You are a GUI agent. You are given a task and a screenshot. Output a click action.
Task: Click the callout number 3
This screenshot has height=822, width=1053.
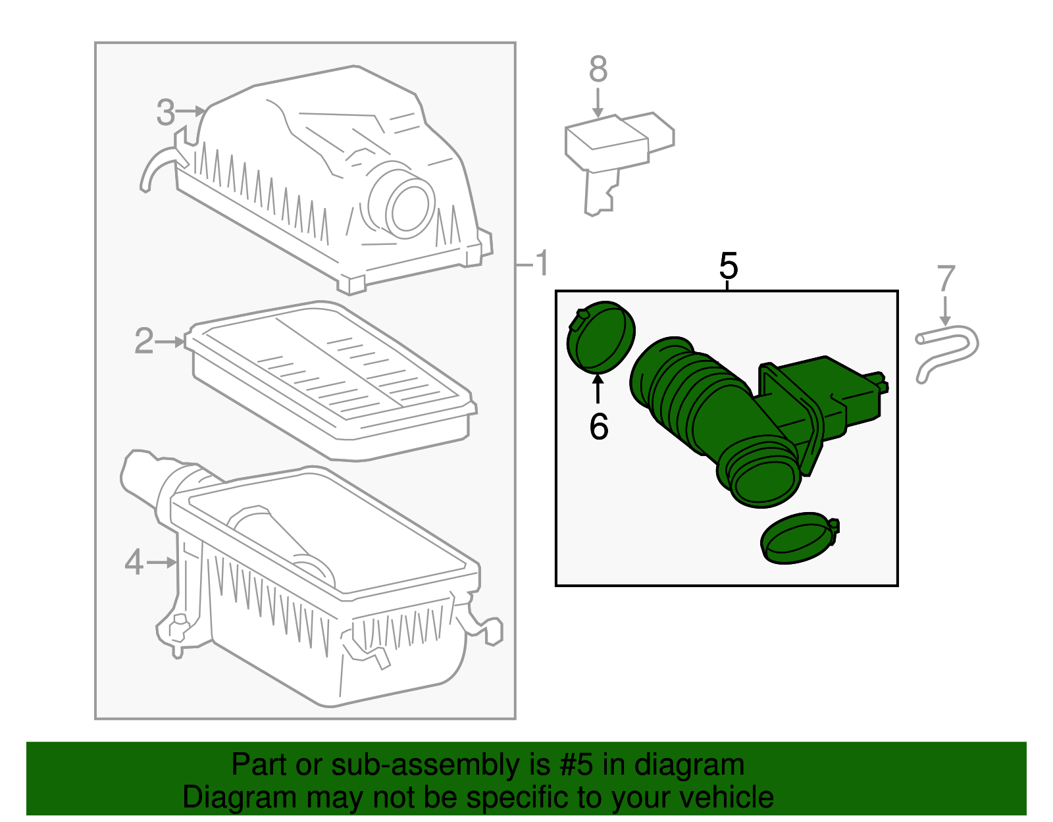point(166,113)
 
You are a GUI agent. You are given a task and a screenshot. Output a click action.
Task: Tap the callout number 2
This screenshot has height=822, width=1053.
point(143,342)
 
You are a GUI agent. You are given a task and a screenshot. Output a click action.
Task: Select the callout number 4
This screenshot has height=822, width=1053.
point(134,563)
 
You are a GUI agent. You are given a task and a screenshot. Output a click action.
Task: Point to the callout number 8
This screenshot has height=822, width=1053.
point(598,69)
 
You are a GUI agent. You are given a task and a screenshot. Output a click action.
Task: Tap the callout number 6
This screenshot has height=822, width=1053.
point(598,426)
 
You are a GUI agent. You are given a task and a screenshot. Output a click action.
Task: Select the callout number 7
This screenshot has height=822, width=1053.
point(946,278)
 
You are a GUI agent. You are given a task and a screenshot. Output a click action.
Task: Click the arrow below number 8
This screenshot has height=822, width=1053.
point(598,103)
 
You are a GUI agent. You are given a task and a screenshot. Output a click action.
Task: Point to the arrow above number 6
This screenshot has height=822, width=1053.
point(598,388)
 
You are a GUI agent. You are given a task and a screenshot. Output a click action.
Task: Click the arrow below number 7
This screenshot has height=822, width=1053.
point(946,311)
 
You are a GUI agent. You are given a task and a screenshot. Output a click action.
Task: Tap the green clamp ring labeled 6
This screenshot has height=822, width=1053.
point(600,336)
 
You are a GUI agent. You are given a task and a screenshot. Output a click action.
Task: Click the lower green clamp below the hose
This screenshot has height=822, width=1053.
point(798,538)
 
